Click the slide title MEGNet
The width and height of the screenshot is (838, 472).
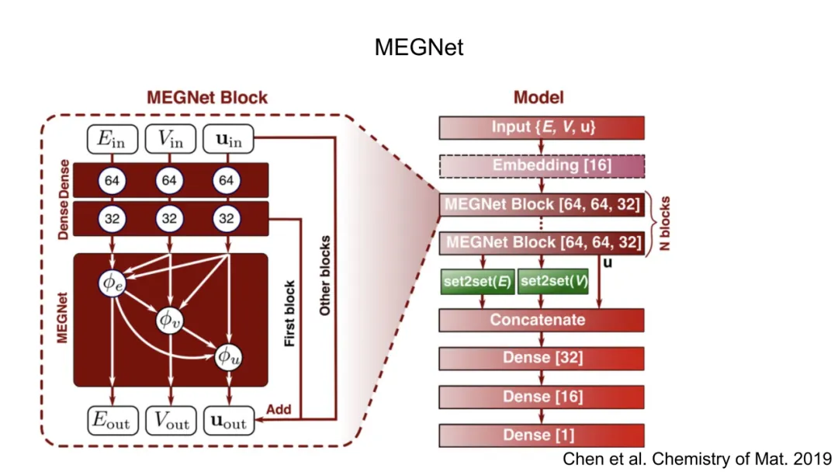point(419,47)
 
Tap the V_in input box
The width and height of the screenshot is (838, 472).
point(170,141)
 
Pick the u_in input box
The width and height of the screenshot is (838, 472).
point(227,141)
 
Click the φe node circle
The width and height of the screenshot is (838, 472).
point(113,283)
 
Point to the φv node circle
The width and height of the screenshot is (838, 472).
point(170,318)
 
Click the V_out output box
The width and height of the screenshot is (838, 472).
point(170,421)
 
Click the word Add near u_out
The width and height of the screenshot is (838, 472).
point(278,408)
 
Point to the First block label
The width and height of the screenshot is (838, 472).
point(290,312)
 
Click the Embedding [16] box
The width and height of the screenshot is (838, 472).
point(542,165)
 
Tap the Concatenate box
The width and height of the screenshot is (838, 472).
point(542,320)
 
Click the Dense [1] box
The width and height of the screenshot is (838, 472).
point(542,435)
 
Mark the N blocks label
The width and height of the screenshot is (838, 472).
point(665,223)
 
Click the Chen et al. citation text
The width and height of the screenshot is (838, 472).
point(697,459)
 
